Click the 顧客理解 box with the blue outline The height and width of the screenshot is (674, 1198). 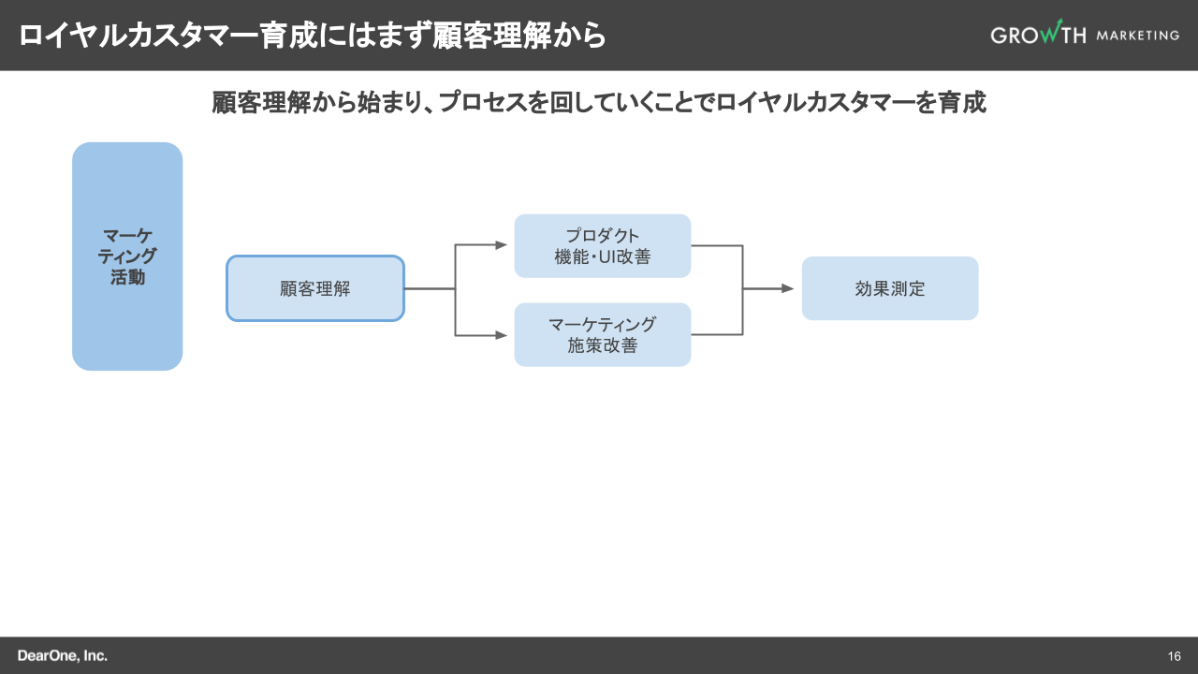pos(315,288)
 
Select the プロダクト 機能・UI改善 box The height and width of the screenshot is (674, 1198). pos(602,246)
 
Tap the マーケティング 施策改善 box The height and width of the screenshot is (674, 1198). pos(602,334)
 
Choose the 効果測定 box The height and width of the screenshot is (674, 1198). pos(889,288)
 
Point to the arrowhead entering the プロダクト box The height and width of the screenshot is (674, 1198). pos(502,245)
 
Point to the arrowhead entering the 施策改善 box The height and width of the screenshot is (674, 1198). pos(502,334)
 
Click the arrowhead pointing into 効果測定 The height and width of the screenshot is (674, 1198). pos(788,288)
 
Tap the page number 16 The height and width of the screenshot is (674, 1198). pos(1175,655)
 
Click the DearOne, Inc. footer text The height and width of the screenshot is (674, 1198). pos(62,655)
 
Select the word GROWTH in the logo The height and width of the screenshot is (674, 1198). pos(1037,35)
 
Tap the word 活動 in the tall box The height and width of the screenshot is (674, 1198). pos(127,277)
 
